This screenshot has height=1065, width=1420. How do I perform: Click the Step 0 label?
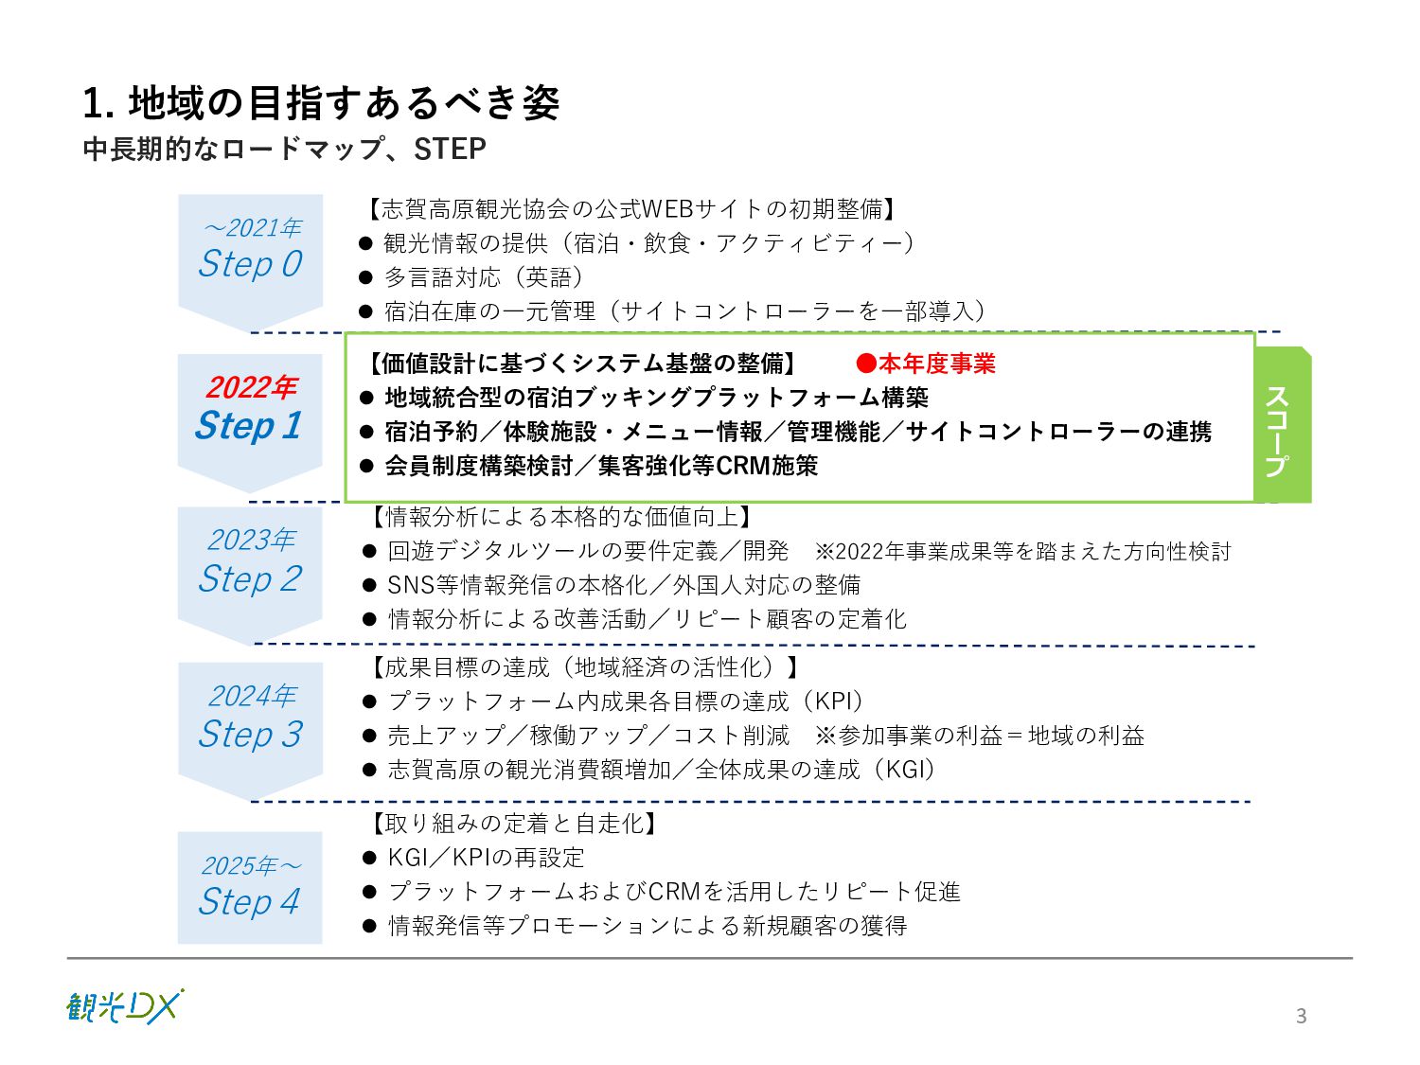click(250, 263)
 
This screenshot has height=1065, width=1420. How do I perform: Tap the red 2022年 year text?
click(251, 387)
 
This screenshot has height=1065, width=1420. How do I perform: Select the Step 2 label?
click(250, 578)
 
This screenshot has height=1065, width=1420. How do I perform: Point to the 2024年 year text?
click(252, 696)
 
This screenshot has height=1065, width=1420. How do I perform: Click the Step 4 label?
click(249, 901)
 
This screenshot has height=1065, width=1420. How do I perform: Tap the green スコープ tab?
click(1280, 427)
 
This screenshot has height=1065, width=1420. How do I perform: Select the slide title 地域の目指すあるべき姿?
click(343, 103)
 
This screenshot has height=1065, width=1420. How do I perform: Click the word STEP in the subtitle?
click(450, 149)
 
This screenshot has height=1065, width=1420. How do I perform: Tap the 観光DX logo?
click(125, 1006)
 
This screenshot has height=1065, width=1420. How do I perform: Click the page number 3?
click(1301, 1016)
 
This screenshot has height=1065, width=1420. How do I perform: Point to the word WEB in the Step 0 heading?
click(667, 208)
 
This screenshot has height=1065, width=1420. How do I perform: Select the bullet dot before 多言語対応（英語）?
click(366, 277)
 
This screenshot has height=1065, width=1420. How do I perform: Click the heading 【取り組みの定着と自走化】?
click(513, 824)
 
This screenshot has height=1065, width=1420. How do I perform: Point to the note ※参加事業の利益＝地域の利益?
click(980, 736)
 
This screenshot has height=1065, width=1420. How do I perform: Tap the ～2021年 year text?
click(252, 228)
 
